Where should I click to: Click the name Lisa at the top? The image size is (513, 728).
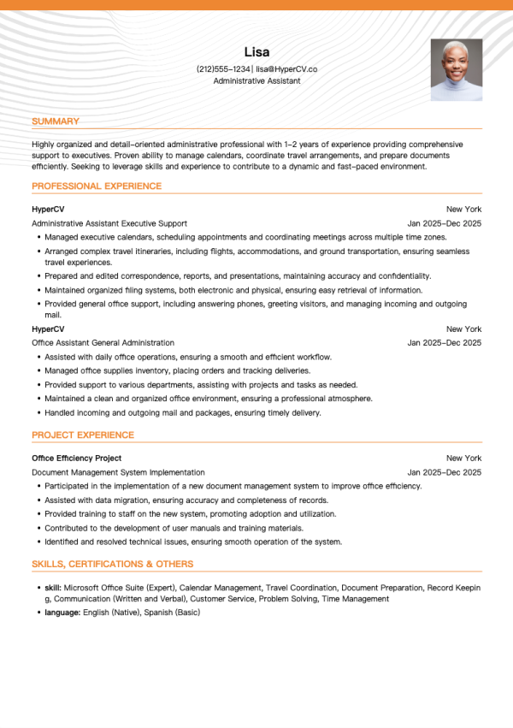pyautogui.click(x=256, y=51)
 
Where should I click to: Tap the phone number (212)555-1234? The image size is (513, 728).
pyautogui.click(x=224, y=68)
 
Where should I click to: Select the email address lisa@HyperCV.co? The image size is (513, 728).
pyautogui.click(x=286, y=68)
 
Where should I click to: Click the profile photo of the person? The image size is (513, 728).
pyautogui.click(x=457, y=70)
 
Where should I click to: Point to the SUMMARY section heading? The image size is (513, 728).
pyautogui.click(x=56, y=121)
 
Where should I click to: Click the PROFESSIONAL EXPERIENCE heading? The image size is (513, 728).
pyautogui.click(x=97, y=186)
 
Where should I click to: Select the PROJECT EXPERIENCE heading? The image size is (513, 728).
pyautogui.click(x=83, y=435)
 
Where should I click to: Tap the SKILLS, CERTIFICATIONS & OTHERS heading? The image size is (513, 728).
pyautogui.click(x=112, y=564)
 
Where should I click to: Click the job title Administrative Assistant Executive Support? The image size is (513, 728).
pyautogui.click(x=109, y=223)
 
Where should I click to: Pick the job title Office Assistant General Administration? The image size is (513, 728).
pyautogui.click(x=103, y=343)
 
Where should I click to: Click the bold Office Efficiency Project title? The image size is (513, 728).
pyautogui.click(x=77, y=459)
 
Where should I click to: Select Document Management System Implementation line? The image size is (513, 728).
pyautogui.click(x=118, y=472)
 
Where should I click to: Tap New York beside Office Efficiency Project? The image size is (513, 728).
pyautogui.click(x=463, y=459)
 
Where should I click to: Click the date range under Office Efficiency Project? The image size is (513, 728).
pyautogui.click(x=445, y=472)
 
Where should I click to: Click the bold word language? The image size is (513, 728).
pyautogui.click(x=62, y=613)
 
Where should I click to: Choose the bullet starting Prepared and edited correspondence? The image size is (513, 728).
pyautogui.click(x=238, y=276)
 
